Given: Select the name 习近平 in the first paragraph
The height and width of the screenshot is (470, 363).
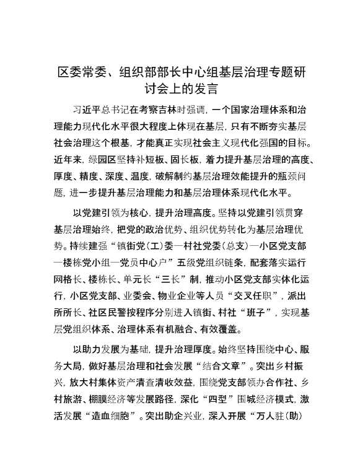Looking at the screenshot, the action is (x=87, y=110).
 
